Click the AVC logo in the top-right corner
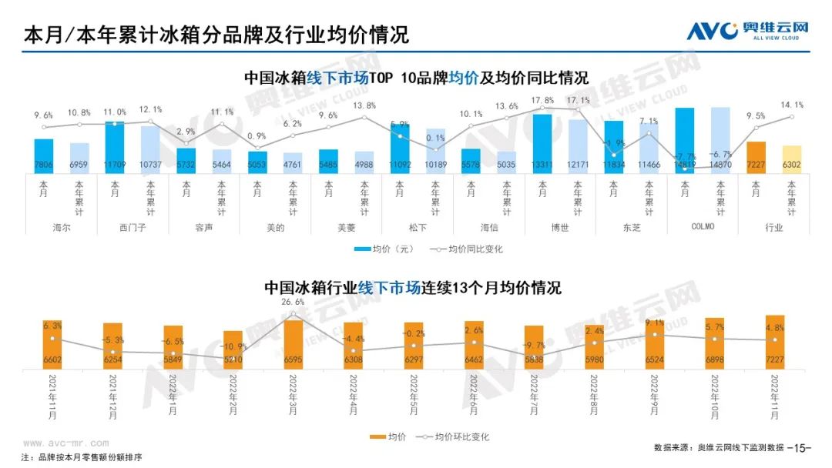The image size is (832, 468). click(747, 31)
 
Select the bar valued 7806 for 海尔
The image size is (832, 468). click(44, 157)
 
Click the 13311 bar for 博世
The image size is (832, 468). click(542, 146)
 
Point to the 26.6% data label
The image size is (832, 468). click(294, 303)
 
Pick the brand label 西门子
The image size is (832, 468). click(133, 227)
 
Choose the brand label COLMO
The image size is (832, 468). click(702, 227)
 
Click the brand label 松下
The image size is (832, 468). click(417, 227)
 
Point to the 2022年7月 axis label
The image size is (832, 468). click(534, 394)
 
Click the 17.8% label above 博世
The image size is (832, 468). click(542, 100)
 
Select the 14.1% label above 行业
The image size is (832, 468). click(792, 105)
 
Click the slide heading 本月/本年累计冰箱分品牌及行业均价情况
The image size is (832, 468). click(216, 35)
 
